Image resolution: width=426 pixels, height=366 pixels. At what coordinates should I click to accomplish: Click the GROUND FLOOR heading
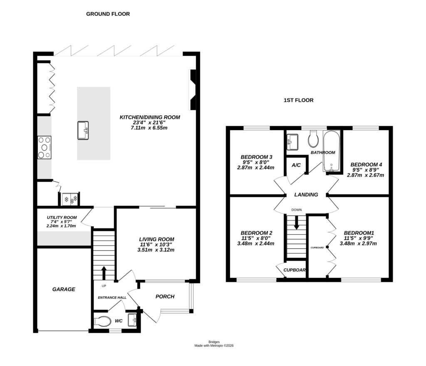(108, 14)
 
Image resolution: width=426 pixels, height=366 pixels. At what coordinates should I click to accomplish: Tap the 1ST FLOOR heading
(298, 100)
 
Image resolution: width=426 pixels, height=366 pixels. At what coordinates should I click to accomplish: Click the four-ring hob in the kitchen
(44, 148)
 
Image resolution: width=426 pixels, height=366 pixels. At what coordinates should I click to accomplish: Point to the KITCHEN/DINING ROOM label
(150, 117)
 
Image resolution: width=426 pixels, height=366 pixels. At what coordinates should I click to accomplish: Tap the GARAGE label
(64, 289)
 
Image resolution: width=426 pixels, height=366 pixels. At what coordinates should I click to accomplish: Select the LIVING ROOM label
(156, 239)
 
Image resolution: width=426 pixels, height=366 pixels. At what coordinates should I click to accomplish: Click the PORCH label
(165, 297)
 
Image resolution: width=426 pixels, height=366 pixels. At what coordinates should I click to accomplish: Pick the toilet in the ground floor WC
(102, 321)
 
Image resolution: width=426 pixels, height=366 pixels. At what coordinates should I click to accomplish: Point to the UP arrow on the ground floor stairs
(104, 273)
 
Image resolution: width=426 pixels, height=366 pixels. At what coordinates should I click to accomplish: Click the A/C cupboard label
(296, 165)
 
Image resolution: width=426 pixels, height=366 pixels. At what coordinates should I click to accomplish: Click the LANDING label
(306, 195)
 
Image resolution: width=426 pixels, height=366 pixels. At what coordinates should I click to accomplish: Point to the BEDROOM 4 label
(366, 164)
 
